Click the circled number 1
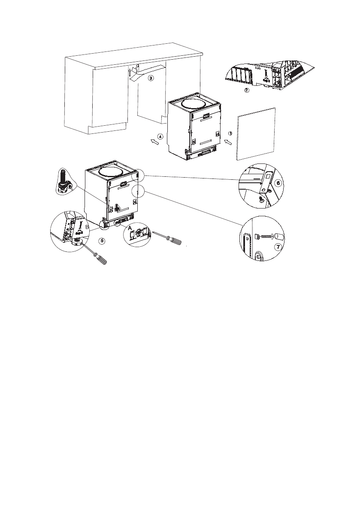pos(230,133)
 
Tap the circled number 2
pos(246,90)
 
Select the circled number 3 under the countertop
pos(150,79)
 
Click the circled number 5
pos(102,240)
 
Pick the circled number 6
pos(278,183)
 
